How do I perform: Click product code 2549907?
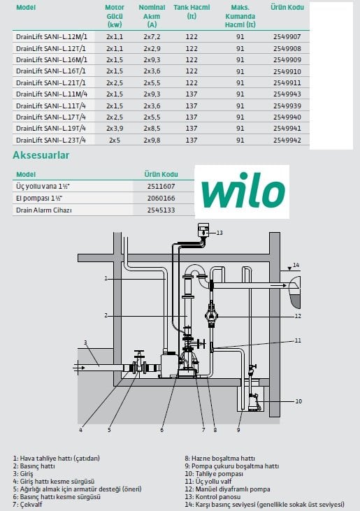coord(287,37)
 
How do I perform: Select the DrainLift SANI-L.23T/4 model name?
coord(51,140)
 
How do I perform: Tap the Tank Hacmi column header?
coord(192,11)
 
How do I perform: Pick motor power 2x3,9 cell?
coord(115,129)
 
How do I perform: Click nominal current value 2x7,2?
coord(152,37)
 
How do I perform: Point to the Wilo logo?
coord(243,191)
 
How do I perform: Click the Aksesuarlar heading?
coord(41,155)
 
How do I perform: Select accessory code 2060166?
coord(161,198)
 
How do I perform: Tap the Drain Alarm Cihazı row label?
coord(43,210)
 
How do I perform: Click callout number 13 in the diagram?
coord(219,233)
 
